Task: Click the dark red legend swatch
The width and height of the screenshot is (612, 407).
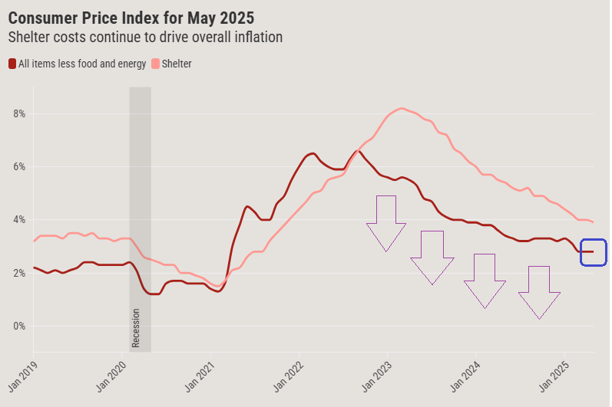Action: click(x=12, y=64)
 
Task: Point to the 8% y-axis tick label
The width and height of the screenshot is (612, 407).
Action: click(x=18, y=113)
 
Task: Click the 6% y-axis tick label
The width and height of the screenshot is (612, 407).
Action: click(x=18, y=167)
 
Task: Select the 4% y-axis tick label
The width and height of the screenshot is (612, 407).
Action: click(x=18, y=220)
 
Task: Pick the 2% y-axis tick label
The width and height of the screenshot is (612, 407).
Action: click(x=18, y=273)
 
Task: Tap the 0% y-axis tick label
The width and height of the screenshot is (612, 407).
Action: click(x=18, y=327)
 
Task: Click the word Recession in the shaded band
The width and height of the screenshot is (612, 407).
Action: click(x=136, y=328)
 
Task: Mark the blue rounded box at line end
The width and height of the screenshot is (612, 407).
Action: click(x=594, y=252)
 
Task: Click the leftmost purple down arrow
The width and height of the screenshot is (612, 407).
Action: click(x=386, y=222)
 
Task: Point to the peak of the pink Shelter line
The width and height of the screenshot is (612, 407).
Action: click(x=402, y=108)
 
